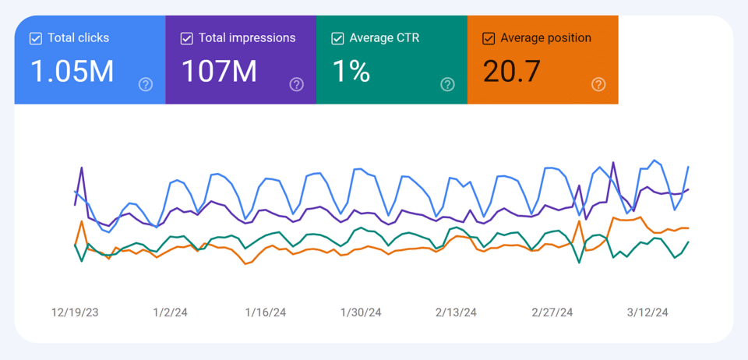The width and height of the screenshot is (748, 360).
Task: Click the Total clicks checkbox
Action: [36, 38]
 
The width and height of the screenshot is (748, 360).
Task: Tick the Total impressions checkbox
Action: [187, 38]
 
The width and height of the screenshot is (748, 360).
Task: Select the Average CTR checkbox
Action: [338, 38]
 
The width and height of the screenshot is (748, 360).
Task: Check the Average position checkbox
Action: [489, 38]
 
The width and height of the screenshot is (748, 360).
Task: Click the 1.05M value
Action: [72, 72]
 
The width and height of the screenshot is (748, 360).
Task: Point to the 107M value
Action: [219, 72]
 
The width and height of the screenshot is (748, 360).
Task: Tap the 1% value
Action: [351, 72]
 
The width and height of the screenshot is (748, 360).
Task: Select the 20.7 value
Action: [511, 72]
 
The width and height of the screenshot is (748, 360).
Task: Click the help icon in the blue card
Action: [146, 84]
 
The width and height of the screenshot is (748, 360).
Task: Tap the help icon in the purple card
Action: [296, 84]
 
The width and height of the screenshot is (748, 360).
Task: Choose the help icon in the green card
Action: [447, 84]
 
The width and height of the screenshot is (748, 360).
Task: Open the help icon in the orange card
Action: [598, 84]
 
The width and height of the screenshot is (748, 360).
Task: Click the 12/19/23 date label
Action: [76, 312]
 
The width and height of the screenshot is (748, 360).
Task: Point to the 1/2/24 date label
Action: [170, 312]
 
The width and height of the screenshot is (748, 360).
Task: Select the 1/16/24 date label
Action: [266, 312]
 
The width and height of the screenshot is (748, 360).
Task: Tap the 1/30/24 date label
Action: [361, 312]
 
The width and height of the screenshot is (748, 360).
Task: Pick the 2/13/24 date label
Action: [457, 312]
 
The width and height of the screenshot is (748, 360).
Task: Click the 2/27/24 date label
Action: [552, 312]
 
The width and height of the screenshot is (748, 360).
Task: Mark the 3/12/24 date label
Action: [647, 312]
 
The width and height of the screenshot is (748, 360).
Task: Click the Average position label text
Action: [545, 38]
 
